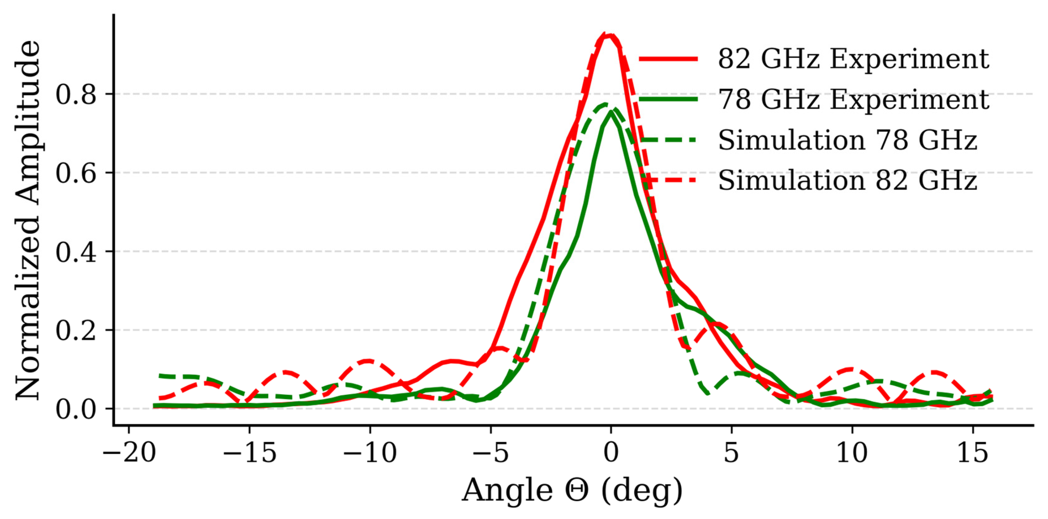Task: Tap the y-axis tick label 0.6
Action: coord(76,173)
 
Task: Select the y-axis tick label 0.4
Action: coord(76,252)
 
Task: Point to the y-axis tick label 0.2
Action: coord(76,330)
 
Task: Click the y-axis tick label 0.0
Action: coord(76,409)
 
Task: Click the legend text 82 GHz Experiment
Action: coord(853,59)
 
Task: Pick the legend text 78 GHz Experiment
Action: coord(853,99)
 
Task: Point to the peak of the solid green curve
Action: coord(611,113)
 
